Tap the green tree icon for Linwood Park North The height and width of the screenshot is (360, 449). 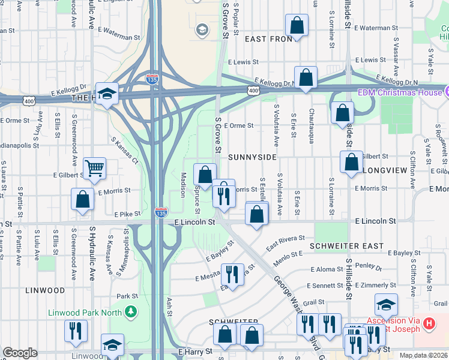click(130, 312)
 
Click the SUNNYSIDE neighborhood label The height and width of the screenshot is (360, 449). click(253, 157)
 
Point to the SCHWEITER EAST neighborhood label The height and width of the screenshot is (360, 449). click(346, 246)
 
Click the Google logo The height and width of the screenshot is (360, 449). click(20, 353)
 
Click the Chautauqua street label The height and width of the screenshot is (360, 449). click(311, 117)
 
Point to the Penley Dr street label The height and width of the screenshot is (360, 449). click(369, 266)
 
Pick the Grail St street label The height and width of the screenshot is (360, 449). click(313, 302)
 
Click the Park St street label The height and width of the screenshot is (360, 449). click(127, 296)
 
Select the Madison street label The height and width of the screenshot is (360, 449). click(182, 185)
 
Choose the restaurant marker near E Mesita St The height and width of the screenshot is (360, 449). click(233, 274)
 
